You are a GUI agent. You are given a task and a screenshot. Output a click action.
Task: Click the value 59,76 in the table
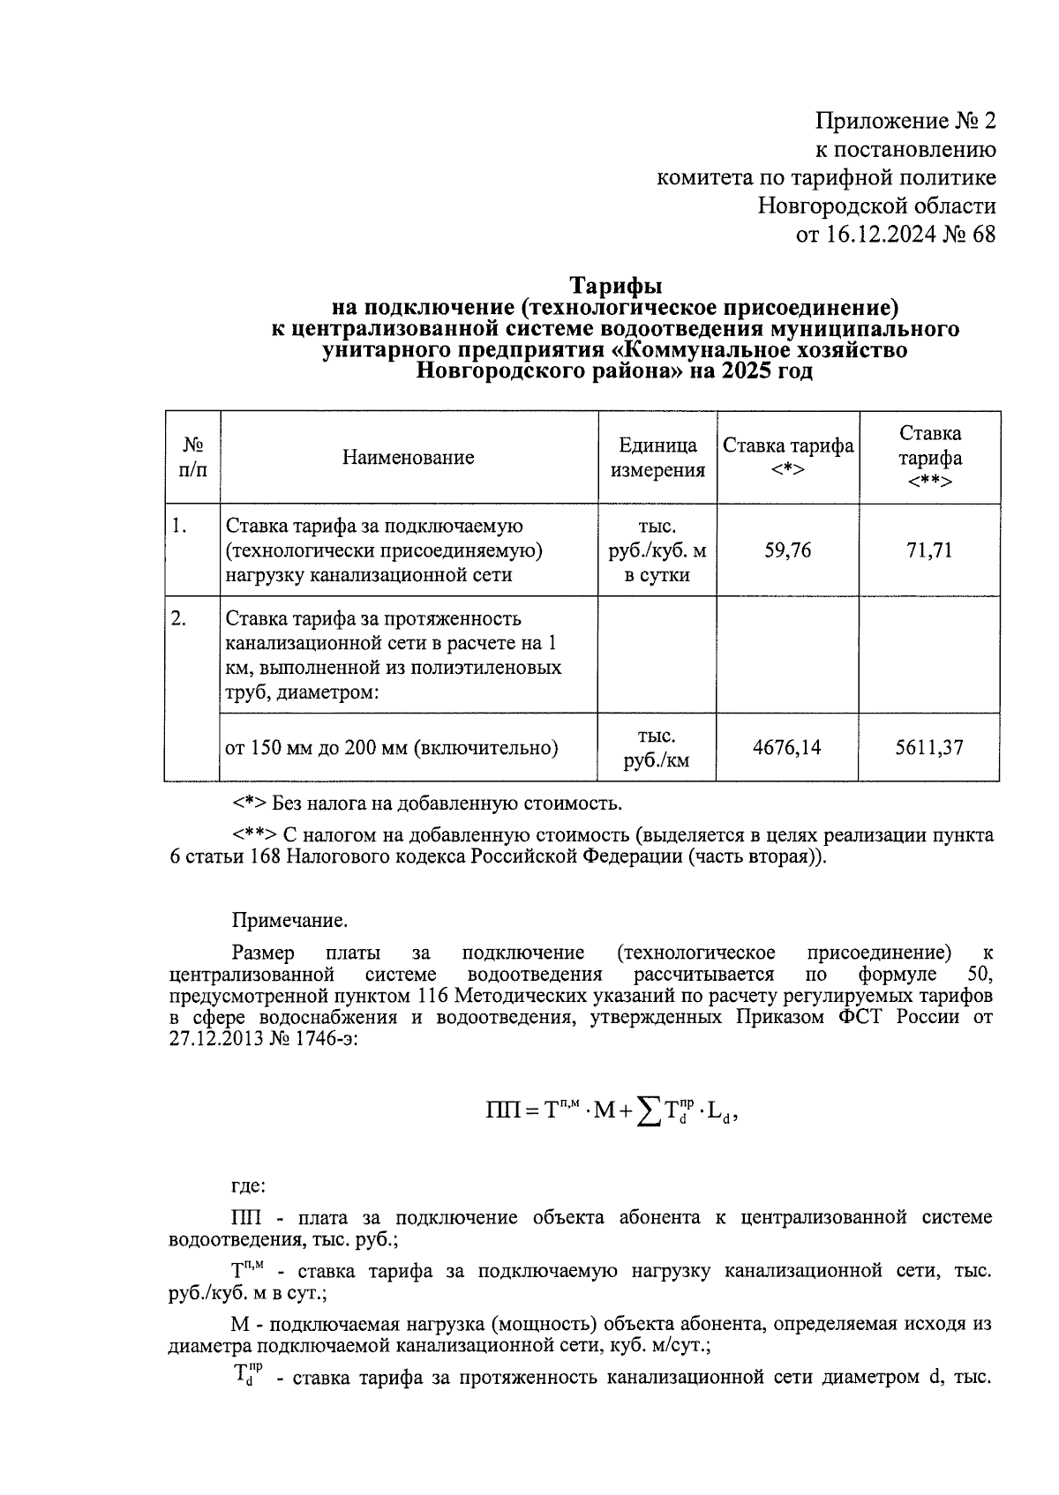point(787,551)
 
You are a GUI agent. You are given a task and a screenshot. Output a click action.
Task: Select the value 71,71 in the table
point(930,551)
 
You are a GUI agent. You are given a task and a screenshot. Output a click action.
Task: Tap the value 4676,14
point(787,748)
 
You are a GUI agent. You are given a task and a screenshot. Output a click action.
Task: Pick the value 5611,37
point(930,748)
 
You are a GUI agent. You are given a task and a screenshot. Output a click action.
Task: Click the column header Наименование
point(408,457)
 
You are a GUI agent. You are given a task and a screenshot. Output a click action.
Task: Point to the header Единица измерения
point(657,457)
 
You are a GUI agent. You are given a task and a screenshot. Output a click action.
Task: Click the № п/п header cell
point(192,457)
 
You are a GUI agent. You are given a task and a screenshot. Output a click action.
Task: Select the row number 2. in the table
point(179,619)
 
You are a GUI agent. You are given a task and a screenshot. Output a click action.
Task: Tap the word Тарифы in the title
point(615,287)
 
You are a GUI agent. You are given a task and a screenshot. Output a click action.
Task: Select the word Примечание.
point(289,921)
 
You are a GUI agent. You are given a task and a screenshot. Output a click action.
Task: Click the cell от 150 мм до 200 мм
point(392,748)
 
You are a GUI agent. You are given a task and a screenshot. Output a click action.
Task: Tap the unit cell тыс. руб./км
point(657,748)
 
